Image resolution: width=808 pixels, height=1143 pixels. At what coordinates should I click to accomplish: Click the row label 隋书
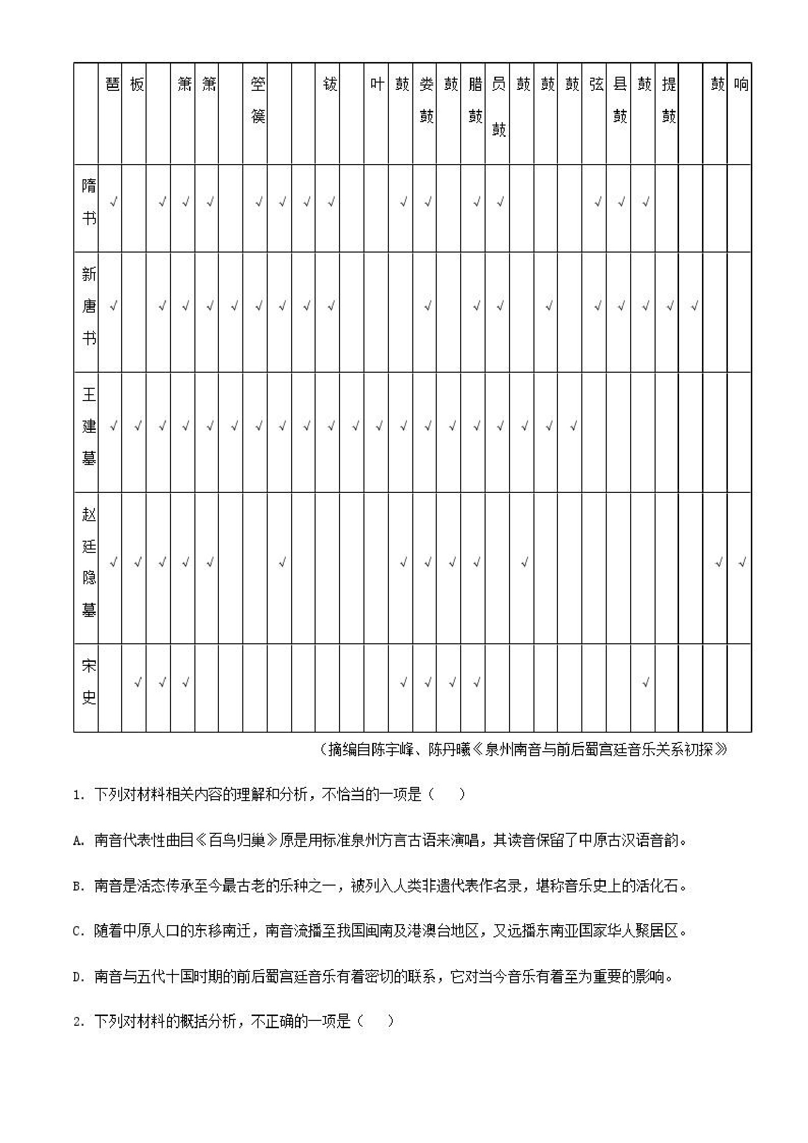click(88, 203)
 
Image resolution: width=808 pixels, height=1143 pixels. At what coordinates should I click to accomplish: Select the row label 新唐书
click(88, 306)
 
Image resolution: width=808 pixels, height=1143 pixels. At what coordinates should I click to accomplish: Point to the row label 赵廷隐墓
click(88, 563)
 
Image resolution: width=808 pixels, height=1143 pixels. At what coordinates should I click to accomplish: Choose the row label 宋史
click(88, 682)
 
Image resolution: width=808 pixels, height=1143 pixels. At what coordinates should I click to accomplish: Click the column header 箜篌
click(258, 101)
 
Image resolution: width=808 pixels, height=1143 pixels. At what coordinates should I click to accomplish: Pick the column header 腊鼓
click(475, 101)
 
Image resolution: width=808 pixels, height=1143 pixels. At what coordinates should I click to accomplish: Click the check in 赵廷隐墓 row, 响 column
click(742, 563)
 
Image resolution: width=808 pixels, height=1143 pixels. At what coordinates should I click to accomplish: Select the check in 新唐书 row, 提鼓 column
click(670, 306)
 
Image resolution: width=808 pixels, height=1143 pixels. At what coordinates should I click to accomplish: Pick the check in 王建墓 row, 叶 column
click(379, 426)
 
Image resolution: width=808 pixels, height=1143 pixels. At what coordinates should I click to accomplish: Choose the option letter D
click(78, 977)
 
